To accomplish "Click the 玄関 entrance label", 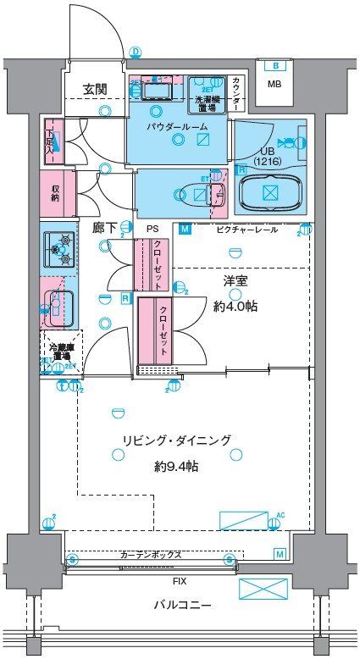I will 94,88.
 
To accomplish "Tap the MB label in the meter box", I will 274,84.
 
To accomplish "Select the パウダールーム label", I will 174,126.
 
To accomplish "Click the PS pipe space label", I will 152,230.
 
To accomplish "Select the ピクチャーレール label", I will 246,230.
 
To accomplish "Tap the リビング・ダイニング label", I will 176,440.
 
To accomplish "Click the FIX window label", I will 180,583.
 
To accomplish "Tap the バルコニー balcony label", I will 182,606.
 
